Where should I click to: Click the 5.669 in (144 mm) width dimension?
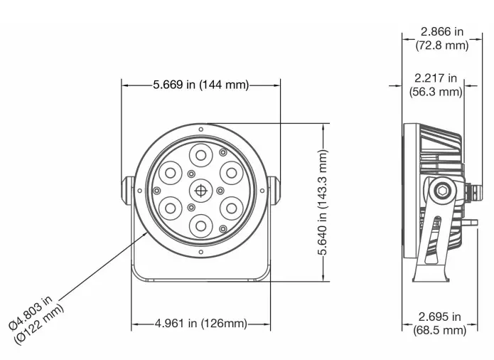pos(201,85)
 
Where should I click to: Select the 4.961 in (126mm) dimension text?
pos(201,324)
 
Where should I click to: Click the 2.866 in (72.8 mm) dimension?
pos(441,38)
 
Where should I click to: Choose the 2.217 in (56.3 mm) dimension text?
pos(436,85)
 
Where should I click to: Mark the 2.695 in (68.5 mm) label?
pos(440,323)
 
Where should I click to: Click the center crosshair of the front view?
pos(201,191)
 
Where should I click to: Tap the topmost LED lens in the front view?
pos(201,154)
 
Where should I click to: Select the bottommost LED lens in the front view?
pos(201,226)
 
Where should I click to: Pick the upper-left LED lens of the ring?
pos(171,172)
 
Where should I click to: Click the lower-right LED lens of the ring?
pos(232,208)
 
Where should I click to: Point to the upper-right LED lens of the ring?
pos(232,172)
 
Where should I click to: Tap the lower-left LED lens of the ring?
pos(171,208)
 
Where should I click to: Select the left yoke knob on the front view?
pos(126,191)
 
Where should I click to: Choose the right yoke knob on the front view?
pos(276,190)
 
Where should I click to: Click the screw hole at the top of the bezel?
pos(201,130)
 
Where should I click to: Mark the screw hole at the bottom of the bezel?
pos(201,251)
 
